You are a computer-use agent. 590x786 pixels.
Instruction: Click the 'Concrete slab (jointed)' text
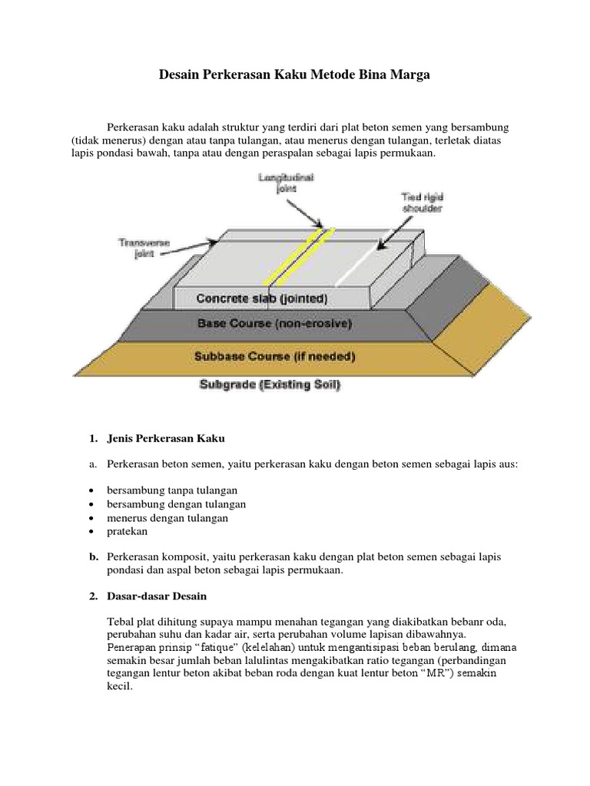point(262,298)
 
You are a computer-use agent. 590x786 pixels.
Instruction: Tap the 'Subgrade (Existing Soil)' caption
point(270,385)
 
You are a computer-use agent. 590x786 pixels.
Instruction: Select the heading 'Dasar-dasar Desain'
point(154,596)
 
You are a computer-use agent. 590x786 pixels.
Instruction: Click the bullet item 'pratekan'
point(126,531)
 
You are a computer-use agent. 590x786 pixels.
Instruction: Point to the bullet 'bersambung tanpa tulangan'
point(173,490)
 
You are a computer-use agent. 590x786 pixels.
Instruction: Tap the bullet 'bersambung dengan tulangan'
point(177,504)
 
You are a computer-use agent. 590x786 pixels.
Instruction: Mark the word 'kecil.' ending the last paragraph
point(121,689)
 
